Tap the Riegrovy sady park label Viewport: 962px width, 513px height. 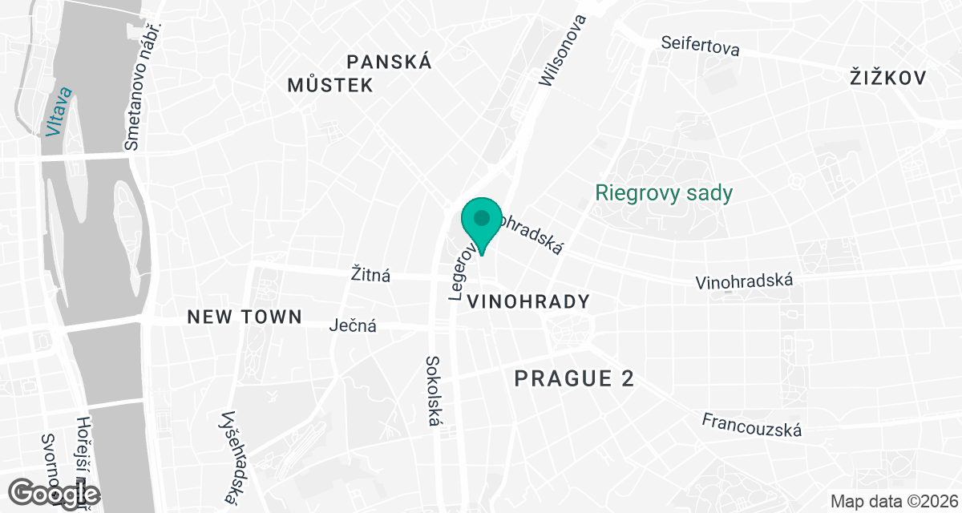664,193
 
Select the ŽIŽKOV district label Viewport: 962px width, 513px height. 887,78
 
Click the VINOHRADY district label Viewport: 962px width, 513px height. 527,302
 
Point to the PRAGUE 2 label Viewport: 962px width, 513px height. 574,378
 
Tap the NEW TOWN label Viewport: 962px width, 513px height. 245,317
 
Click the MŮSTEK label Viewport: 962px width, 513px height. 330,85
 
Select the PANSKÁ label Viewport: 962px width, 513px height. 390,62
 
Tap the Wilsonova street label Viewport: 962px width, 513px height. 564,50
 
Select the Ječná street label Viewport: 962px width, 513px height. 354,326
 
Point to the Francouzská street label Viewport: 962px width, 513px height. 751,425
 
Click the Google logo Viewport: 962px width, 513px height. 56,493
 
